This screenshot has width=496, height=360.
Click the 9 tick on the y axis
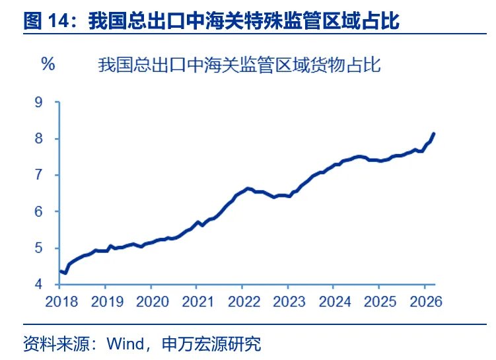pyautogui.click(x=48, y=102)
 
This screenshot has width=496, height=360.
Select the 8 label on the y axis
pyautogui.click(x=48, y=139)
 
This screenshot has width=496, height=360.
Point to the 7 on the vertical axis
pyautogui.click(x=48, y=175)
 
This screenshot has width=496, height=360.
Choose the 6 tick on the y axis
pyautogui.click(x=48, y=211)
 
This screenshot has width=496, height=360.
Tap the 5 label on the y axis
pyautogui.click(x=48, y=248)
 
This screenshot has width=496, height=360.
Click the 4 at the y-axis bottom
pyautogui.click(x=48, y=285)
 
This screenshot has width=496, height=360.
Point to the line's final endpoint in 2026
pyautogui.click(x=434, y=133)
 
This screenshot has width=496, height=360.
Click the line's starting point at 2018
pyautogui.click(x=60, y=271)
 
